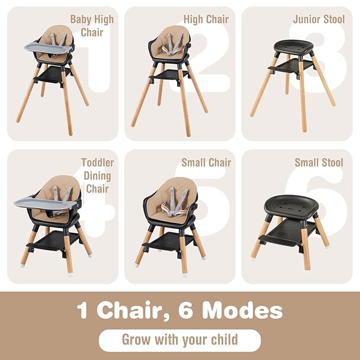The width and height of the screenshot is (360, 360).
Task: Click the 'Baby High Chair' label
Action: point(91,26)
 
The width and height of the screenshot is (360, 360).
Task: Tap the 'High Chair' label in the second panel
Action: point(206,20)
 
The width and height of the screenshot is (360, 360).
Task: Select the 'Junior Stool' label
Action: point(319,20)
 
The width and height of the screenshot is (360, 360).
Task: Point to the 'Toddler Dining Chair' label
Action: point(96,175)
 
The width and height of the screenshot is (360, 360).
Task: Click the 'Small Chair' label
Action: point(206,163)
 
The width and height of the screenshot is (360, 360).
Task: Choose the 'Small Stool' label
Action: point(319,163)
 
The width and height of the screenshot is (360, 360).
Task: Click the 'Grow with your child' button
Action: point(180,340)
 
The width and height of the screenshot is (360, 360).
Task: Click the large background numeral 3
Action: point(326,58)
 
